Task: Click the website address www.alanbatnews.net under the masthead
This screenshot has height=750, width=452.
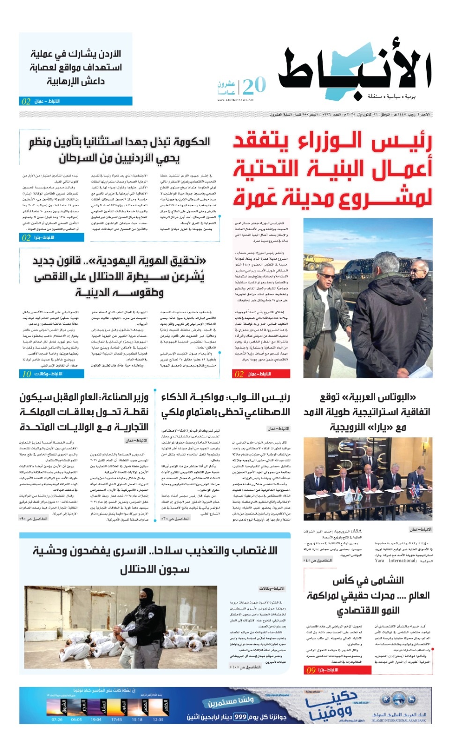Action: tap(235, 100)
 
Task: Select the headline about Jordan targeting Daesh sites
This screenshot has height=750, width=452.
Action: tap(76, 67)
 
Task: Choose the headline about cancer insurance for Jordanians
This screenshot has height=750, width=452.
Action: tap(119, 150)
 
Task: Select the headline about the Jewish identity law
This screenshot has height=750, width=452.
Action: tap(119, 277)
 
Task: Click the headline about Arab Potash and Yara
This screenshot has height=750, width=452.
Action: tap(367, 412)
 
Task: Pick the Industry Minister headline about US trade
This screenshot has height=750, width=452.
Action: tap(84, 412)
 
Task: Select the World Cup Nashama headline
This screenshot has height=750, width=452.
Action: tap(368, 595)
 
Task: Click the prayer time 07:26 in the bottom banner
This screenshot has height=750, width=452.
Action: tap(57, 720)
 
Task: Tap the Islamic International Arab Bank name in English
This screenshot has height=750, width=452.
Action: tap(399, 720)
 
